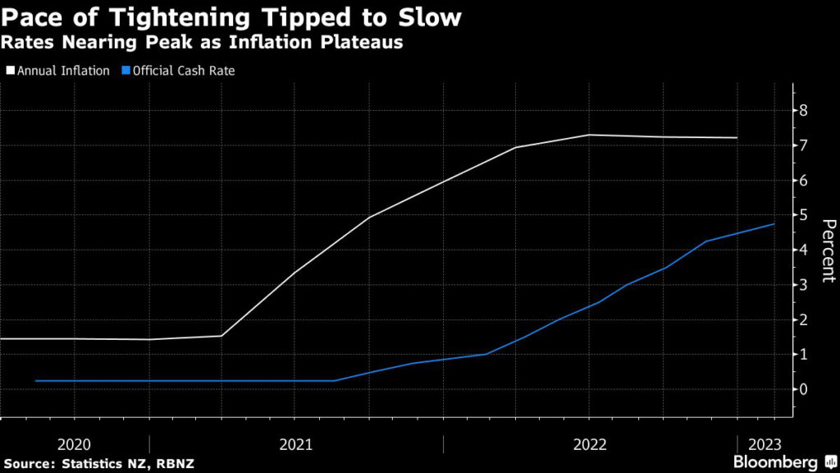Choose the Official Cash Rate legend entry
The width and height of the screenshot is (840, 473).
click(178, 71)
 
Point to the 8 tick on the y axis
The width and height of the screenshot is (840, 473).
click(804, 110)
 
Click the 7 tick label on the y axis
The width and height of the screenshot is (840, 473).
click(804, 145)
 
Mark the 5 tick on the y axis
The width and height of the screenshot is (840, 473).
click(804, 215)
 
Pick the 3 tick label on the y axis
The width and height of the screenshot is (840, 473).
click(804, 284)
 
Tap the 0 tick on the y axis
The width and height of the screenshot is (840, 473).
click(804, 388)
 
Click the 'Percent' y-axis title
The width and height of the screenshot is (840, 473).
click(828, 250)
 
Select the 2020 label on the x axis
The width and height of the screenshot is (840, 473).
click(74, 444)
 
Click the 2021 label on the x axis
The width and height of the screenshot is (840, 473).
click(296, 444)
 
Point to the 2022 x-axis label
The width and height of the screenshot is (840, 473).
click(590, 444)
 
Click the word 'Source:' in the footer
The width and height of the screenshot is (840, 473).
click(29, 464)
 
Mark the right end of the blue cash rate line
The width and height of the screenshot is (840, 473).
click(774, 224)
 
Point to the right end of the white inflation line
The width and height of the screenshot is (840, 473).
click(737, 138)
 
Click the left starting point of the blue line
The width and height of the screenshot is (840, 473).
click(36, 381)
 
